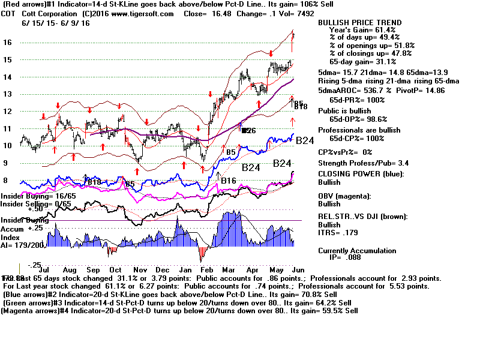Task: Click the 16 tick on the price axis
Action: point(7,43)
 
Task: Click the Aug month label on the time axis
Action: point(53,271)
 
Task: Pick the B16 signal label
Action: point(228,181)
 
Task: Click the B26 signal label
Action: point(249,130)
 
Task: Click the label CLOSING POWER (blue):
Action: point(361,174)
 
